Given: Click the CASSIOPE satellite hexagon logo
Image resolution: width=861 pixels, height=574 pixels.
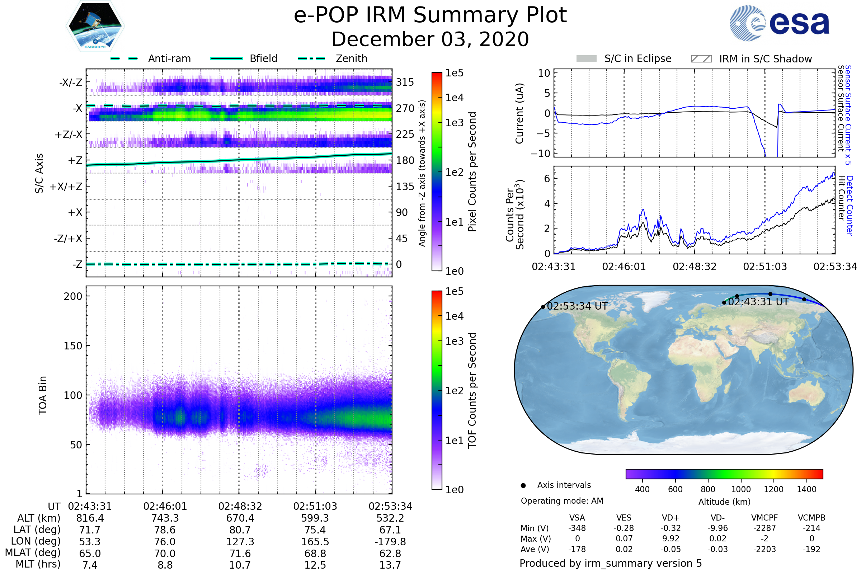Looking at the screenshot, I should tap(95, 26).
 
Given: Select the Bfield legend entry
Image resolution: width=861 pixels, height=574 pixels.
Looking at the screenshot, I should tap(263, 58).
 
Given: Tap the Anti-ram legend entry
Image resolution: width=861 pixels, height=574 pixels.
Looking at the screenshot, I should tap(169, 58).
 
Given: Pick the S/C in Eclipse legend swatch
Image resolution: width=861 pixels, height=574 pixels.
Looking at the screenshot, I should tap(586, 59).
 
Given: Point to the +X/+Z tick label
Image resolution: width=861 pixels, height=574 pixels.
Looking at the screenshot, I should tap(66, 187).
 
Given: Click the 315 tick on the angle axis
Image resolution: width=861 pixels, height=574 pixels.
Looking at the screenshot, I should tap(405, 82).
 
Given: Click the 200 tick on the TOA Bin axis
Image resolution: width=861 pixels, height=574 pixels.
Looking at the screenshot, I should tap(73, 296).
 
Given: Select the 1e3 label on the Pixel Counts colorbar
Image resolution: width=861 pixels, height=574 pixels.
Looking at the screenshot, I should tap(454, 123).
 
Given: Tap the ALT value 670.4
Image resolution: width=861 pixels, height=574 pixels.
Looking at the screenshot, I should tap(240, 518).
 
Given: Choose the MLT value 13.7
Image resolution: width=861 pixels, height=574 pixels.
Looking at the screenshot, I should tap(390, 565).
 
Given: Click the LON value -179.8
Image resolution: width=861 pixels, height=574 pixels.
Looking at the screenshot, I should tap(390, 541).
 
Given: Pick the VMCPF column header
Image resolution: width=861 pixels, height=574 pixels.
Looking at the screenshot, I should tap(764, 518).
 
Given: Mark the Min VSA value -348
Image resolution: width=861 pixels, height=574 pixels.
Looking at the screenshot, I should tap(577, 528).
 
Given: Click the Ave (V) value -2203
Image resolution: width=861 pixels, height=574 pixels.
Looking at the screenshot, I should tap(764, 549).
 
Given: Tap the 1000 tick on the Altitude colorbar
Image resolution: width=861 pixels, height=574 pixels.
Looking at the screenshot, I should tap(740, 489).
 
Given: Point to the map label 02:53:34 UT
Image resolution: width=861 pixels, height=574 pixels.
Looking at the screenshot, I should tap(577, 306).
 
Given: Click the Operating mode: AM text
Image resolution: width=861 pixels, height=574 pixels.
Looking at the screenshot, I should tap(562, 501).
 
